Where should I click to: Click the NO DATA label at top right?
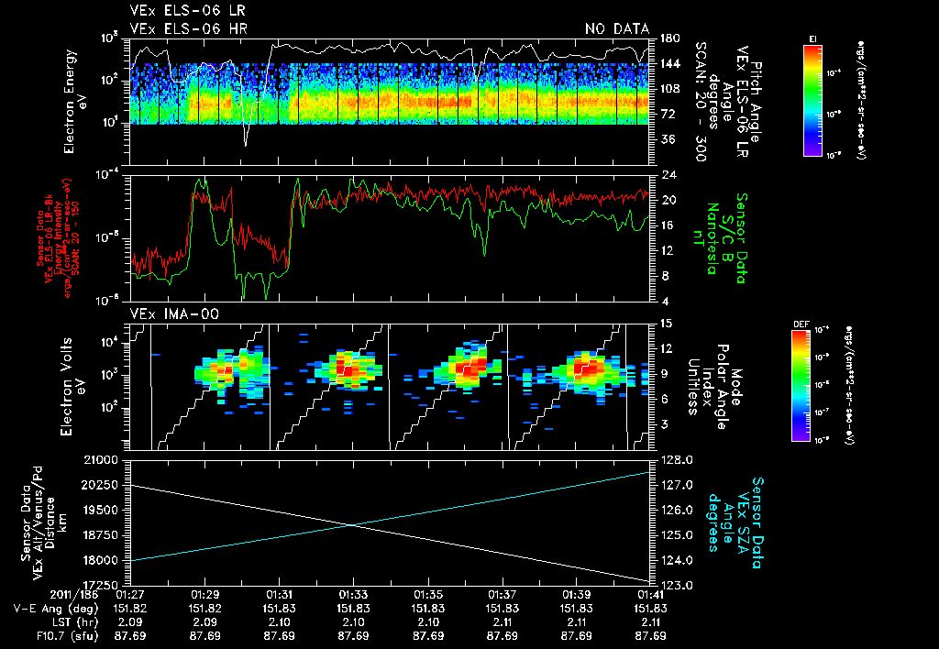617,29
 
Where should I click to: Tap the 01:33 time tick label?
354,594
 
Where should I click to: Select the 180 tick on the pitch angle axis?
668,38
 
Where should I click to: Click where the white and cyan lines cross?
354,525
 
